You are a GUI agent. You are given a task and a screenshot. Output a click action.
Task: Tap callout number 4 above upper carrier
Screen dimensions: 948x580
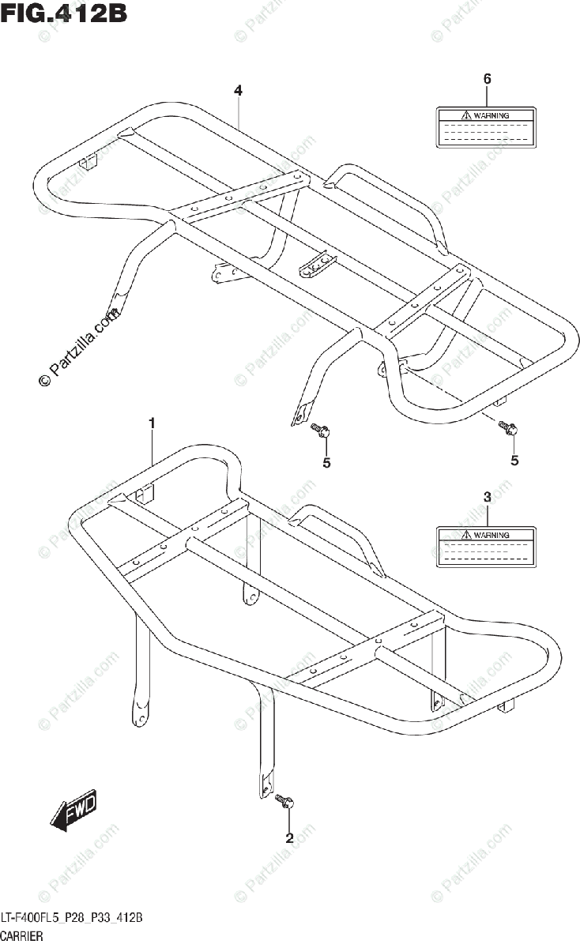click(238, 91)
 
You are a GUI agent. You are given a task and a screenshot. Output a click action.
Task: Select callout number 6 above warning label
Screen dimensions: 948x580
click(487, 78)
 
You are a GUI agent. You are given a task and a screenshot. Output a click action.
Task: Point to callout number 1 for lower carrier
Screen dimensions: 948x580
click(152, 426)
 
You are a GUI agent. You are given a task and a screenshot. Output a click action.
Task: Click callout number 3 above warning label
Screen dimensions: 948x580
click(487, 497)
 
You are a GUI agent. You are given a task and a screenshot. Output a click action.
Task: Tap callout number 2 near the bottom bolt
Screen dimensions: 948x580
click(289, 838)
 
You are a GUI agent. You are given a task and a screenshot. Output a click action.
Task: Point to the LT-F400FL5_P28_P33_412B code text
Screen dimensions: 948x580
click(72, 918)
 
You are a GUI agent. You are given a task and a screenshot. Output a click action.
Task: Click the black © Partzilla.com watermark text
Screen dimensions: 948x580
click(79, 348)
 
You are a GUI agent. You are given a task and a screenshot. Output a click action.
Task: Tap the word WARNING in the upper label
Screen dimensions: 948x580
click(491, 115)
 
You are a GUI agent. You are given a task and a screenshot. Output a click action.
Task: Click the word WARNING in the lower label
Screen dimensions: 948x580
click(491, 535)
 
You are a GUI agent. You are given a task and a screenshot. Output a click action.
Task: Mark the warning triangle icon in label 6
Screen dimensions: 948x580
click(467, 115)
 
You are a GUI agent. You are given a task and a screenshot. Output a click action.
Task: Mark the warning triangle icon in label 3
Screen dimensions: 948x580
click(467, 535)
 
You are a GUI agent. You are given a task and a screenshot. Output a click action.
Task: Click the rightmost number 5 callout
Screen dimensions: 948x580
click(514, 460)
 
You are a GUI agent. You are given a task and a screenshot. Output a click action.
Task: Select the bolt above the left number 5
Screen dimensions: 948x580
click(320, 431)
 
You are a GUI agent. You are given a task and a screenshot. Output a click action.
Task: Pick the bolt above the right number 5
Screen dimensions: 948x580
click(507, 429)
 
